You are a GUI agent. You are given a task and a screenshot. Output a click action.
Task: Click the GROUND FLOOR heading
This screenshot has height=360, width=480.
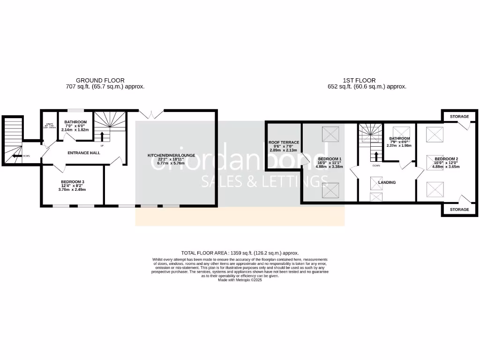click(x=100, y=80)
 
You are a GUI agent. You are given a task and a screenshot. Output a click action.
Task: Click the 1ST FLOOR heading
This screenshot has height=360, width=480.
click(x=359, y=80)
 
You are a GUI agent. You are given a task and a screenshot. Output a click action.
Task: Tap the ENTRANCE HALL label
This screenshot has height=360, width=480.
click(x=84, y=153)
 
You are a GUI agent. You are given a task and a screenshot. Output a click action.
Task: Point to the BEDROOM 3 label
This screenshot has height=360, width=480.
click(x=73, y=182)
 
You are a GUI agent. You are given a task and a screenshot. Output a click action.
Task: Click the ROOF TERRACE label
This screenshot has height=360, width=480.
click(x=284, y=142)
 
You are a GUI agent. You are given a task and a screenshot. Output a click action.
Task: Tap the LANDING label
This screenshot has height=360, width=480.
click(x=387, y=182)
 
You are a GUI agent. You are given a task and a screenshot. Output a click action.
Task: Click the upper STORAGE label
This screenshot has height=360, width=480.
click(x=459, y=116)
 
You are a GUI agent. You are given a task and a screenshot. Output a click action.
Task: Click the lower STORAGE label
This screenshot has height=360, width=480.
click(x=459, y=210)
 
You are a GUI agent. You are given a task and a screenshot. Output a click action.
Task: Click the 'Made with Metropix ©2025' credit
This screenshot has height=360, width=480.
click(x=240, y=280)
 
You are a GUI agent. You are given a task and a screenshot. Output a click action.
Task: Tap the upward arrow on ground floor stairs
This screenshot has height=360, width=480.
click(x=102, y=136)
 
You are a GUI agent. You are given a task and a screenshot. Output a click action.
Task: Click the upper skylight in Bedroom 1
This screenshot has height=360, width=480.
click(x=330, y=135)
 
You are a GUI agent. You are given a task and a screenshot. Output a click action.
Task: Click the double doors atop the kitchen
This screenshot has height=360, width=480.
click(x=152, y=113)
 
